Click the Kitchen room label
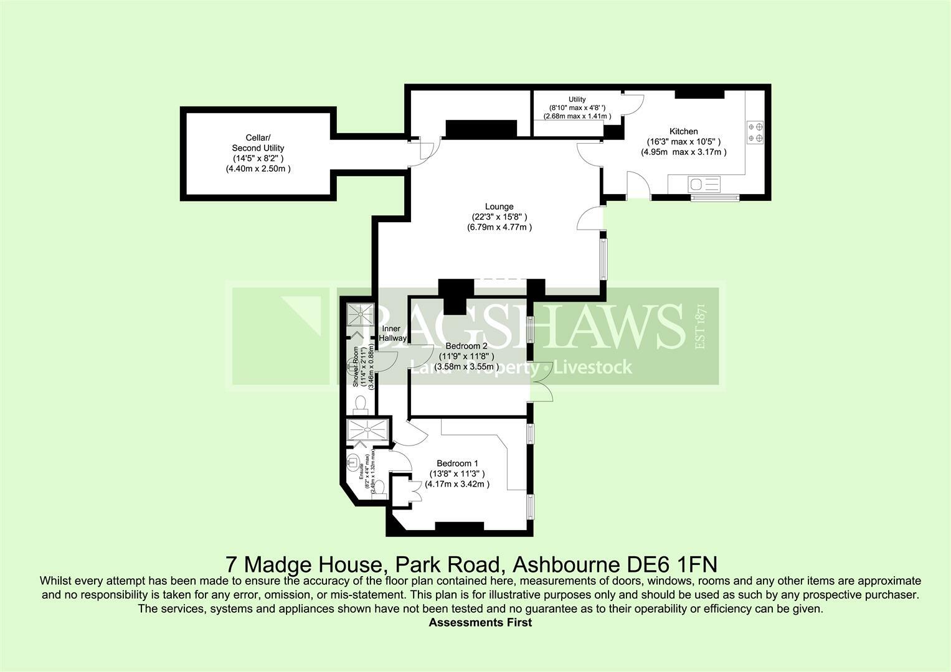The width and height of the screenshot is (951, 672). (683, 131)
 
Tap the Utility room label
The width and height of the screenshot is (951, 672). (577, 100)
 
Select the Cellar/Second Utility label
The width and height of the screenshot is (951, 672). (258, 142)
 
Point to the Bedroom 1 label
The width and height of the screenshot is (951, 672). (457, 464)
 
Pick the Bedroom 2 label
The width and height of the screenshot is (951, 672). (466, 346)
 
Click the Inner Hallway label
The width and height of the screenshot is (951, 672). (392, 334)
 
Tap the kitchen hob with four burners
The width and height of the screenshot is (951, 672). (755, 132)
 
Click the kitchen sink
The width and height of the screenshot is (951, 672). (704, 184)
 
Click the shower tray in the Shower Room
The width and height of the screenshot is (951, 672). (359, 314)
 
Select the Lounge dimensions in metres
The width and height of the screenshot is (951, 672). (499, 228)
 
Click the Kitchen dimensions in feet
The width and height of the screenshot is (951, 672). (683, 142)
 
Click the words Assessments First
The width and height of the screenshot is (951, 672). (480, 622)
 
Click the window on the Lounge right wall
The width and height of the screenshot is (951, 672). (603, 258)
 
